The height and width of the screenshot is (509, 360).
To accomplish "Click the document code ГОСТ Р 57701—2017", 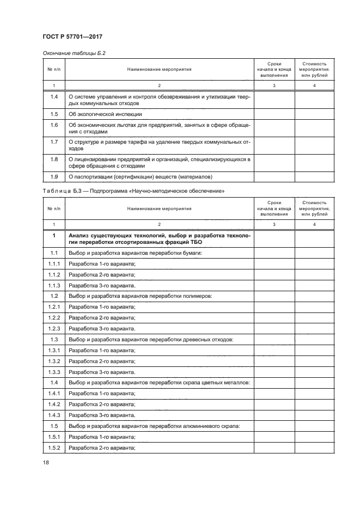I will (x=72, y=36).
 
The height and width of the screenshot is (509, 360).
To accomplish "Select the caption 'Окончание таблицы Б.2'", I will (x=73, y=53).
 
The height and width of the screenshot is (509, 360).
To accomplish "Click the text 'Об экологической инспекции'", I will (x=105, y=114).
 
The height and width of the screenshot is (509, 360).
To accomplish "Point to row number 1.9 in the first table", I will (x=54, y=176).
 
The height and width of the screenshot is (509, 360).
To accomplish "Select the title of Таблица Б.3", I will (x=133, y=191).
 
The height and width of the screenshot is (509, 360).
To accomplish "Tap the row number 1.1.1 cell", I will (x=54, y=264).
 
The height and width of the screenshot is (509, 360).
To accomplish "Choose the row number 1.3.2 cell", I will (x=54, y=361).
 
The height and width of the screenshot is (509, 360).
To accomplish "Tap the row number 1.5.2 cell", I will (x=54, y=448).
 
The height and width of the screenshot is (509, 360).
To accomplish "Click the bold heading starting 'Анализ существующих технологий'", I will (x=159, y=238).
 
